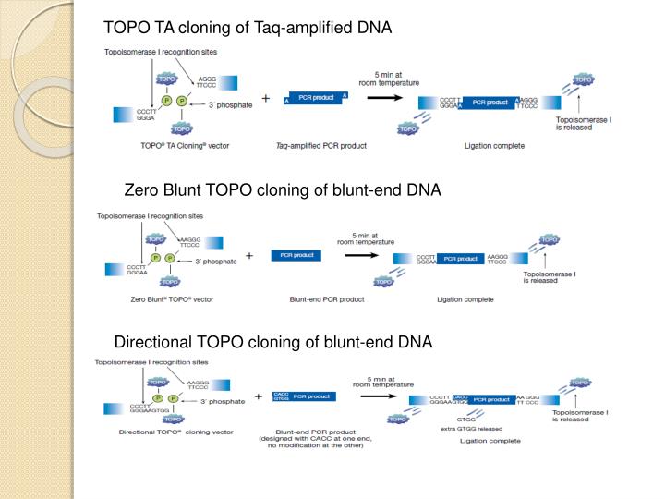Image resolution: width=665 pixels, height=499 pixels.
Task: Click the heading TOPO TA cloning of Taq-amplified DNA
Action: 248,28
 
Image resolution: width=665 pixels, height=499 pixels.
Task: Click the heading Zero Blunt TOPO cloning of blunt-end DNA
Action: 283,190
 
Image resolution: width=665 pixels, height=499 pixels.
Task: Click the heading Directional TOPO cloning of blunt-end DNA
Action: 272,343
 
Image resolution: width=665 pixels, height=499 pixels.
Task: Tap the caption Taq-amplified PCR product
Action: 321,146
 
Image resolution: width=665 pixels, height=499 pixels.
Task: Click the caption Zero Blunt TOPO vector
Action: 172,299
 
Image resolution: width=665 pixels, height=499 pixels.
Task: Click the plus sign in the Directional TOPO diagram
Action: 259,397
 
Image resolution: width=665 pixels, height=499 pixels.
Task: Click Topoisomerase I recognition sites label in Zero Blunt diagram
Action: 151,216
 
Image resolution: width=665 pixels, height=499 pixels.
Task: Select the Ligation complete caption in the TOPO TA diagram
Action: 493,146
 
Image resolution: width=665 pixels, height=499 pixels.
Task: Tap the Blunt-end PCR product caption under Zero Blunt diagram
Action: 327,299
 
